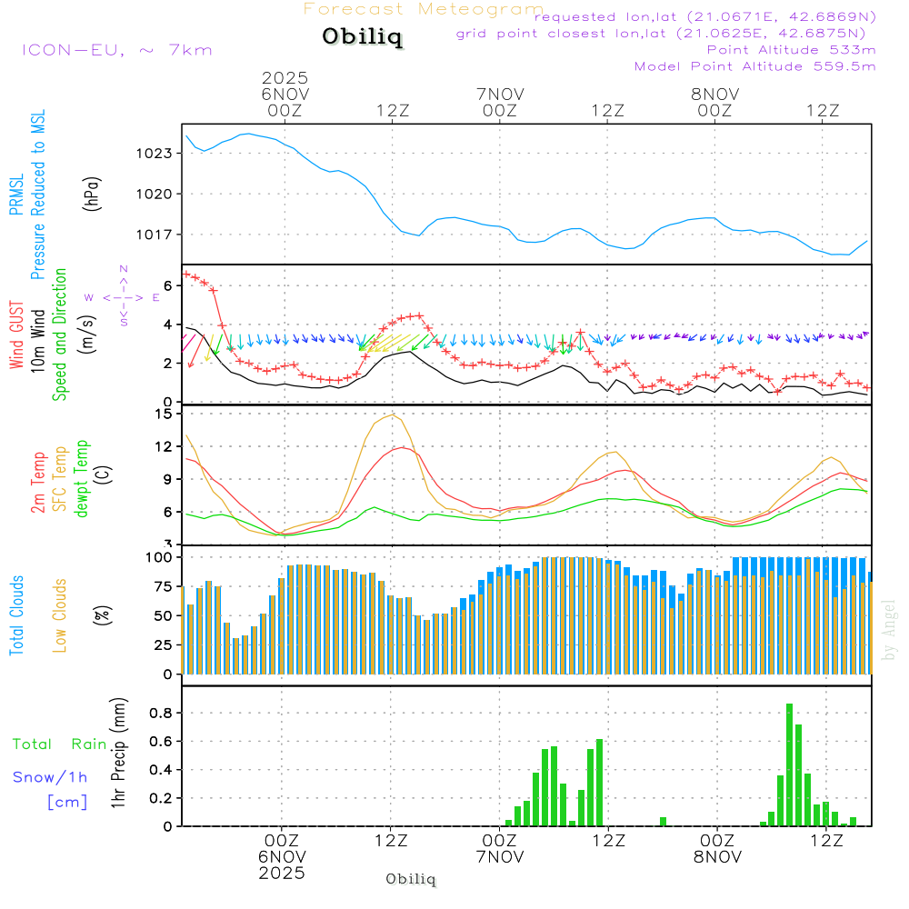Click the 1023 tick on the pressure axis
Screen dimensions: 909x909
click(156, 153)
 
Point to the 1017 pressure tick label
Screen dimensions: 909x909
click(156, 235)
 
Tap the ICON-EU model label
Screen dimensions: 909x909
click(116, 49)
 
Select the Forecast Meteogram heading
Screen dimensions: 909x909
click(424, 9)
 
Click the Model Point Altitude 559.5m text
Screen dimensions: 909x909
click(754, 66)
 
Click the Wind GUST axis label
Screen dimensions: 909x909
click(16, 335)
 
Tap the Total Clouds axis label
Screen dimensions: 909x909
click(16, 615)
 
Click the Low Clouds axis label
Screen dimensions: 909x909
click(61, 615)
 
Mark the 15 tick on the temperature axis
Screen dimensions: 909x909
click(164, 415)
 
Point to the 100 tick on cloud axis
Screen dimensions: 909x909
click(159, 556)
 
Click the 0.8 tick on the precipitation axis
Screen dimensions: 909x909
click(161, 713)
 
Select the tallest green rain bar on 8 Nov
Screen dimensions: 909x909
click(789, 764)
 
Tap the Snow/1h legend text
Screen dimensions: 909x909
click(51, 777)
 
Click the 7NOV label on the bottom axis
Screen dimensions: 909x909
click(500, 857)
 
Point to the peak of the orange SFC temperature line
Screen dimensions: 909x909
click(392, 415)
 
